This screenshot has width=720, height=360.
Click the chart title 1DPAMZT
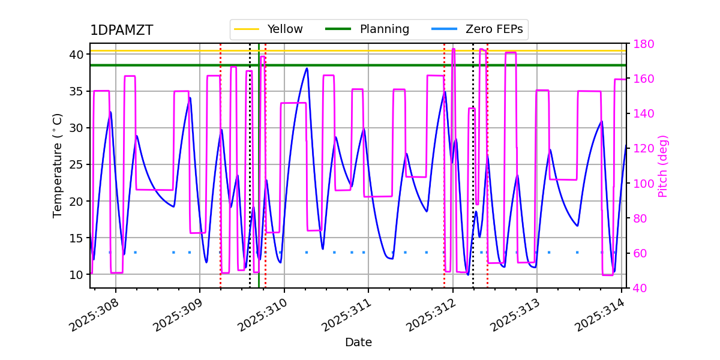click(121, 31)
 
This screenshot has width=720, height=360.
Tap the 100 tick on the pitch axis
click(643, 184)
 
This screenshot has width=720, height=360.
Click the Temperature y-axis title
click(58, 165)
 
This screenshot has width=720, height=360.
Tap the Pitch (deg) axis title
click(663, 166)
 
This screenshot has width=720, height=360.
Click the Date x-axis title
click(358, 343)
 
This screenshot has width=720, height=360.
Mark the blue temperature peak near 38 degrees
click(307, 68)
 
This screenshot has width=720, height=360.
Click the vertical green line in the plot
click(259, 180)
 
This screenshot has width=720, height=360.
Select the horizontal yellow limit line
click(420, 51)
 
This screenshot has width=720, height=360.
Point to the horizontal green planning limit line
click(420, 65)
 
